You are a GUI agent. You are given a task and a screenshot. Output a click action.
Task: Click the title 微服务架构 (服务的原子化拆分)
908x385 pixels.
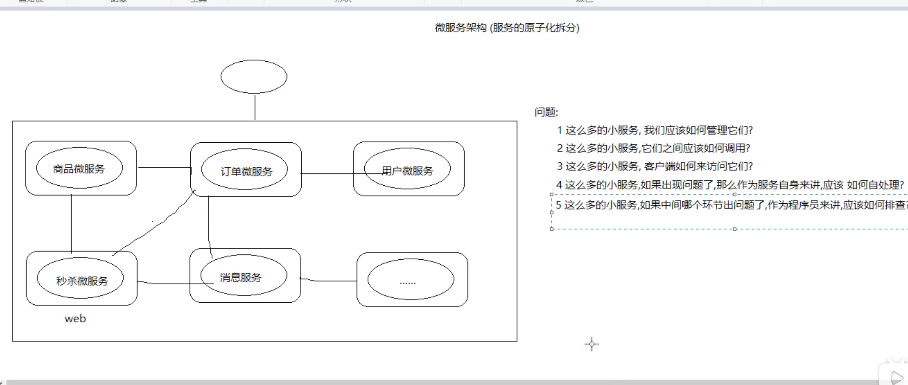click(507, 28)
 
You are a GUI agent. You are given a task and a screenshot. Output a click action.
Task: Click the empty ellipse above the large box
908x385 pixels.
click(254, 76)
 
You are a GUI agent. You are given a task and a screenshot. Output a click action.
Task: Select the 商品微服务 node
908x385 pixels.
click(79, 168)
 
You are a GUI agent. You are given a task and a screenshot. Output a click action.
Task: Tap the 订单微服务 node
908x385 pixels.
click(246, 171)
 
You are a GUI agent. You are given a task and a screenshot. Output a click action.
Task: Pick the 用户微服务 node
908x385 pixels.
click(407, 170)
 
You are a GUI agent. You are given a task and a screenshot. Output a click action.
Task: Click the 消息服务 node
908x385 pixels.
click(241, 277)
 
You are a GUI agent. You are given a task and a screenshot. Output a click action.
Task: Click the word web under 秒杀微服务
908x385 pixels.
click(76, 319)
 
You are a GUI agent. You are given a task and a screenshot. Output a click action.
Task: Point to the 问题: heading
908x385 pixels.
click(546, 112)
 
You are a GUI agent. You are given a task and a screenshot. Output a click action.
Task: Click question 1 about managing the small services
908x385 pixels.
click(655, 130)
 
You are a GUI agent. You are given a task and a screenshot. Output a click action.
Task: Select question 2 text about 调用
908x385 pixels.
click(653, 148)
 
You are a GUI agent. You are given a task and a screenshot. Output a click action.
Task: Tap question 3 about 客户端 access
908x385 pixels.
click(655, 166)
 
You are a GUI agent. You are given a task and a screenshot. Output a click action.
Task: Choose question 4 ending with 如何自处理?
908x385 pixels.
click(730, 185)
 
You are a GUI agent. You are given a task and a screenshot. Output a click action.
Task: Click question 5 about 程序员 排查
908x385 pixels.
click(730, 205)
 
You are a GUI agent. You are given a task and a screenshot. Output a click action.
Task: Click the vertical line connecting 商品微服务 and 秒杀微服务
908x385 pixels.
click(71, 223)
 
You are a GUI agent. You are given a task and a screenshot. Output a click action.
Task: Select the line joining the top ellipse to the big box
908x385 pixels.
click(255, 108)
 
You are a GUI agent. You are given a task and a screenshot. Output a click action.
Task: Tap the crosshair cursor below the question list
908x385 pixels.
click(592, 344)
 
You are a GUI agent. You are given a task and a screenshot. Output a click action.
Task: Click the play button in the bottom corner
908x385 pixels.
click(896, 377)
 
